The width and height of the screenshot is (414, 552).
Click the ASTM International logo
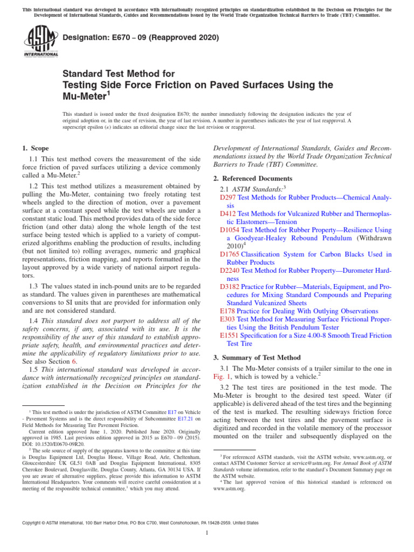click(41, 42)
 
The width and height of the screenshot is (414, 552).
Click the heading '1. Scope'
click(35, 148)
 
